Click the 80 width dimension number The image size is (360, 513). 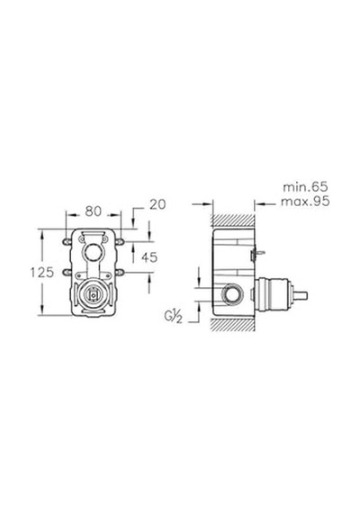tap(94, 211)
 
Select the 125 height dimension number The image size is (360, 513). tap(42, 272)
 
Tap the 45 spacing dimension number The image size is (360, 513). tap(149, 257)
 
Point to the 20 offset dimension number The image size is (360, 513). tap(157, 204)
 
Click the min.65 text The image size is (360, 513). tap(305, 187)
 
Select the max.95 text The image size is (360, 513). tap(305, 202)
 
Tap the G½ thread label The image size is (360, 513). tap(174, 317)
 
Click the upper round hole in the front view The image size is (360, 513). tap(94, 252)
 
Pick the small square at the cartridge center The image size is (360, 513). tap(94, 295)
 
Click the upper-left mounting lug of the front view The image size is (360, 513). tap(67, 241)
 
